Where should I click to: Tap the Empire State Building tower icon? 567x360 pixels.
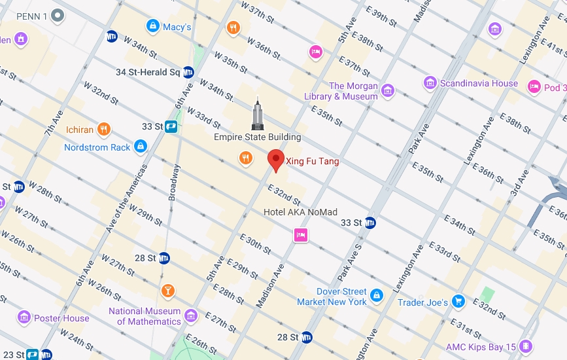(258, 113)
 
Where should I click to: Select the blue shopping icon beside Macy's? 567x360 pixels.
(152, 27)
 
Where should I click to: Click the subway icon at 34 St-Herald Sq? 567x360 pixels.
(188, 72)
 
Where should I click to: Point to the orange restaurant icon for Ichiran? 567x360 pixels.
(103, 129)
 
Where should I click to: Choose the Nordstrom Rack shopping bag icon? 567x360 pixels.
(140, 147)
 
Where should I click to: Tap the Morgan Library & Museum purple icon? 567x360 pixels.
(388, 90)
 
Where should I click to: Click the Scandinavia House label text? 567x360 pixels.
(479, 83)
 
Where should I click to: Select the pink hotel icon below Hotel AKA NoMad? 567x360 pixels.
(301, 234)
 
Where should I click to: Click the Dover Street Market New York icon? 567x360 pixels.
(376, 296)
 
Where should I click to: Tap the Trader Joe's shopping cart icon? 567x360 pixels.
(458, 302)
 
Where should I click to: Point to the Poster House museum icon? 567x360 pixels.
(24, 318)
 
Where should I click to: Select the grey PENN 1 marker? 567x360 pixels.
(58, 14)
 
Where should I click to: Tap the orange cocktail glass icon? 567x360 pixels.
(167, 291)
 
